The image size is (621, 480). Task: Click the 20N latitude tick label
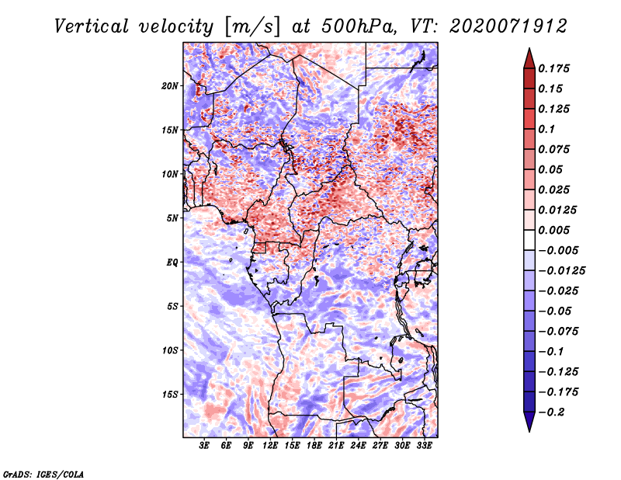(x=170, y=86)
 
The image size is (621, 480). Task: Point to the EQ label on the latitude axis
(x=172, y=263)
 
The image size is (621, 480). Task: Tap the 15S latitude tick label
(x=170, y=395)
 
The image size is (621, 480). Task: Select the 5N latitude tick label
(x=172, y=218)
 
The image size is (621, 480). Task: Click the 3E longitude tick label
(x=204, y=445)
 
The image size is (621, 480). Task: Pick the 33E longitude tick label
(x=424, y=445)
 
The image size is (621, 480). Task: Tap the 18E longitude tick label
(x=314, y=445)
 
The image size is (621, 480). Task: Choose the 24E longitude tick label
(x=358, y=445)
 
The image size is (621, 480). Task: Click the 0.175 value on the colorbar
(x=553, y=68)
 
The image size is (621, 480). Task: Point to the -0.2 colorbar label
(x=551, y=412)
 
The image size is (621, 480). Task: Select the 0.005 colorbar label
(x=553, y=230)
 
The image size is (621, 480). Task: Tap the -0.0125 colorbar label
(x=561, y=271)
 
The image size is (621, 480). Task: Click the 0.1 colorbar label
(x=546, y=129)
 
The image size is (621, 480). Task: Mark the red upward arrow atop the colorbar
(x=529, y=58)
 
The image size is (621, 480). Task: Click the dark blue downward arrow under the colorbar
(x=529, y=422)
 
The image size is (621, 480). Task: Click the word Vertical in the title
(x=91, y=26)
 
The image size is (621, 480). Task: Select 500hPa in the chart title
(x=358, y=26)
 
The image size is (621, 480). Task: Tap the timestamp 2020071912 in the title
(x=508, y=26)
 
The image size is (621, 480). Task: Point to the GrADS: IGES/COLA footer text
(x=43, y=474)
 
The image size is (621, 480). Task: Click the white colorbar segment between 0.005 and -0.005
(x=529, y=240)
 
